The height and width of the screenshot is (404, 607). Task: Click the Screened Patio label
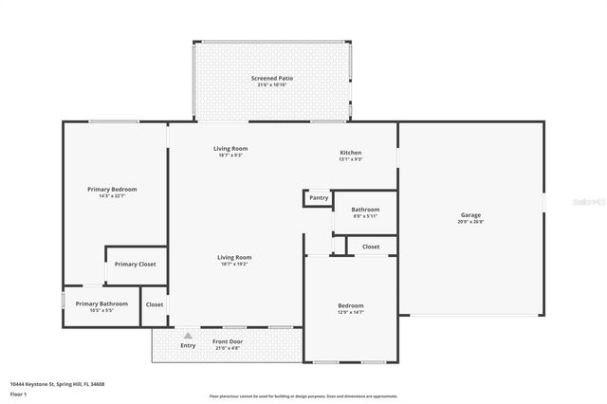coord(271,78)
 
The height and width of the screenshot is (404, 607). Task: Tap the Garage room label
coord(470,215)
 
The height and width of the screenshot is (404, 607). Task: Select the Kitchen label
coord(351,153)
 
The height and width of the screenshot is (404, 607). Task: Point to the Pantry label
coord(318,198)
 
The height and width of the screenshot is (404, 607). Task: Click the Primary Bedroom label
coord(112,190)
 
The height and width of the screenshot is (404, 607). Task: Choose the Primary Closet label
coord(135,264)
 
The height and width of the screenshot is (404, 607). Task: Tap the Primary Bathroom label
coord(101,303)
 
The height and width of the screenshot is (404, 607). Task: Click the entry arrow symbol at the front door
coord(188,335)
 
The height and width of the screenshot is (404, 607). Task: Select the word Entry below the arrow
coord(188,345)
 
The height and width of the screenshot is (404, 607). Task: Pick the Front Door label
coord(228,341)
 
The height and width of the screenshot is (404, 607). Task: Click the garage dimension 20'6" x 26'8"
coord(470,222)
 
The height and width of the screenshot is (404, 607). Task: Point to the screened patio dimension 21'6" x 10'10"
coord(271,85)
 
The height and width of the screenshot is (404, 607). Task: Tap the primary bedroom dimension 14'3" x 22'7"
coord(112,196)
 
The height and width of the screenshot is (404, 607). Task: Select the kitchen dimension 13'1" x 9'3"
coord(351,159)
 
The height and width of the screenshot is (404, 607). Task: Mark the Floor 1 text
coord(19,392)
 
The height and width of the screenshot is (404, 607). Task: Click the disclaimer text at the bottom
coord(303,395)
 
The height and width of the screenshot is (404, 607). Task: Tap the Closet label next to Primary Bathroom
coord(154,304)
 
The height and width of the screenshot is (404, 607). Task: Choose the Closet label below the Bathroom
coord(371,247)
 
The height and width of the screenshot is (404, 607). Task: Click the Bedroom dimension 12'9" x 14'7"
coord(351,312)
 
